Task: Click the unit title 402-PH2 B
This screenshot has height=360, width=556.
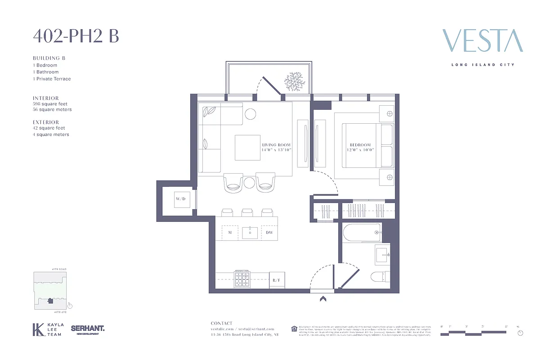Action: click(76, 36)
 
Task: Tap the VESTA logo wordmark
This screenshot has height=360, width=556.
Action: click(483, 41)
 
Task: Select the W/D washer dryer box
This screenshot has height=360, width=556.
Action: click(180, 198)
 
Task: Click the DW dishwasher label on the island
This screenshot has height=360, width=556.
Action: click(269, 232)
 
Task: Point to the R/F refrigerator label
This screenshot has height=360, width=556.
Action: click(277, 280)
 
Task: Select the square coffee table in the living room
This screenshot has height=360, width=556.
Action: click(247, 148)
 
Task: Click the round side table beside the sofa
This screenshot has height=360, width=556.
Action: click(250, 114)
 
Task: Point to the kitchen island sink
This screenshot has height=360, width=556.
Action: click(250, 233)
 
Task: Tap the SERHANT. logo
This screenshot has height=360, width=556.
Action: click(88, 329)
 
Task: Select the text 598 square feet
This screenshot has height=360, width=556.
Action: click(50, 104)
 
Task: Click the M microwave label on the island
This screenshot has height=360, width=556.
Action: click(230, 232)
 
